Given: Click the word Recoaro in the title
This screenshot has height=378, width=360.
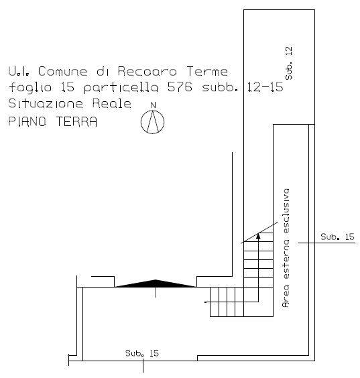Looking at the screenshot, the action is coord(147,71).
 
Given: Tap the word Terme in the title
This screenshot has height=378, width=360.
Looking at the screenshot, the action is coord(207,71).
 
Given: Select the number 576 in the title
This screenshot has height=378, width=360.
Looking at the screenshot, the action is coord(180,87).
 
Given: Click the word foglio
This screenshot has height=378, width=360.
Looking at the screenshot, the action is coord(30,88).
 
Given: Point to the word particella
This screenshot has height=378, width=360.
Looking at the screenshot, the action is coord(121,88).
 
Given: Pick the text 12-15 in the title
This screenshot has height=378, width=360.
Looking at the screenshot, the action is coord(265,87).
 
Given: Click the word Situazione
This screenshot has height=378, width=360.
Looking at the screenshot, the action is coord(46,103).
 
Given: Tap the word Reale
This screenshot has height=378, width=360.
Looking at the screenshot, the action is coord(112,103).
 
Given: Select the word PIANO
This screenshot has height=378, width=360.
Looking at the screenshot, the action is coord(27,121).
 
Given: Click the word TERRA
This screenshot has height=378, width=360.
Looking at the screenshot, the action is coord(76,121).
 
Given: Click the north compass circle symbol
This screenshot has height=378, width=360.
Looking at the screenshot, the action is coord(152,122).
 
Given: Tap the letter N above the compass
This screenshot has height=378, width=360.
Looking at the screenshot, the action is coord(153,105).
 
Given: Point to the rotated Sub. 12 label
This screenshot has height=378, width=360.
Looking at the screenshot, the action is coord(289,63).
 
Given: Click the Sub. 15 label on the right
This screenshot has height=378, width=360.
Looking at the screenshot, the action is coord(337,237).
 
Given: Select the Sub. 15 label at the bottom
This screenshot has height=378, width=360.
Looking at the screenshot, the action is coord(142,353).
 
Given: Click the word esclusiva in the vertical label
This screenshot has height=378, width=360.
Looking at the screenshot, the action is coord(286,210).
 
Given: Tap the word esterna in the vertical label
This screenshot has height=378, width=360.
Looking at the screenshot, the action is coord(286,259).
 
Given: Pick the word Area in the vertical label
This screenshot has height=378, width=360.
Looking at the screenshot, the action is coord(286,296).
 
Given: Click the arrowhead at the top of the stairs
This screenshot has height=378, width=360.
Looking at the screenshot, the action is coord(258,235).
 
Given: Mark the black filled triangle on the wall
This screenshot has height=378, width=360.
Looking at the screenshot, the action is coord(156,283).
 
